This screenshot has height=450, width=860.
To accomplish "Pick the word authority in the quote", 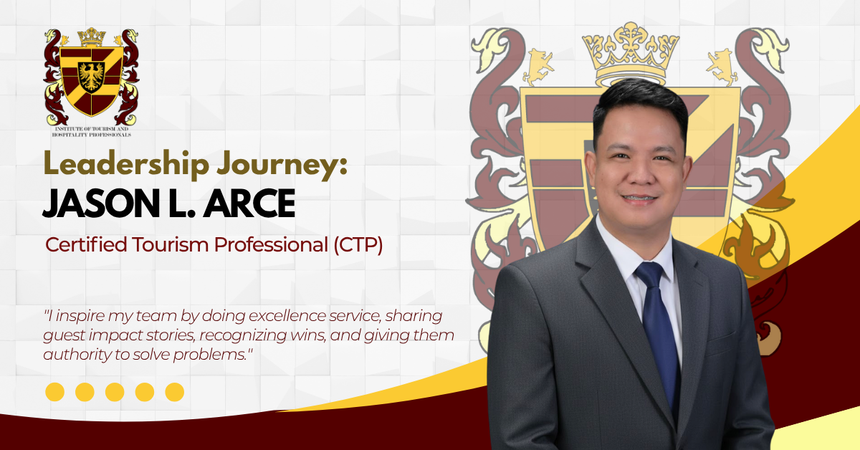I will point(73,355).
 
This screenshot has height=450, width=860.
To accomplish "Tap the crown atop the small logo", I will point(91,37).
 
